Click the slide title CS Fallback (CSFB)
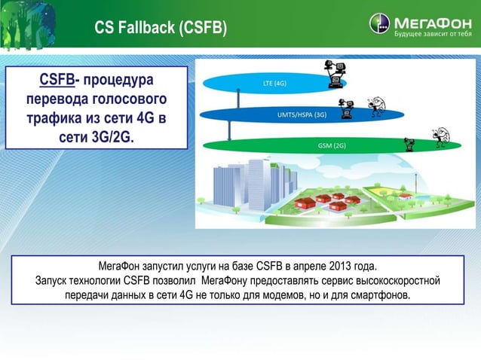[x=160, y=28]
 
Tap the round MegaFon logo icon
[x=379, y=24]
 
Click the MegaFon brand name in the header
[x=430, y=21]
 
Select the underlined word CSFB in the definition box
[x=57, y=80]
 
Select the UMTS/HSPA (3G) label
[x=299, y=114]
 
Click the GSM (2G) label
[x=332, y=145]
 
